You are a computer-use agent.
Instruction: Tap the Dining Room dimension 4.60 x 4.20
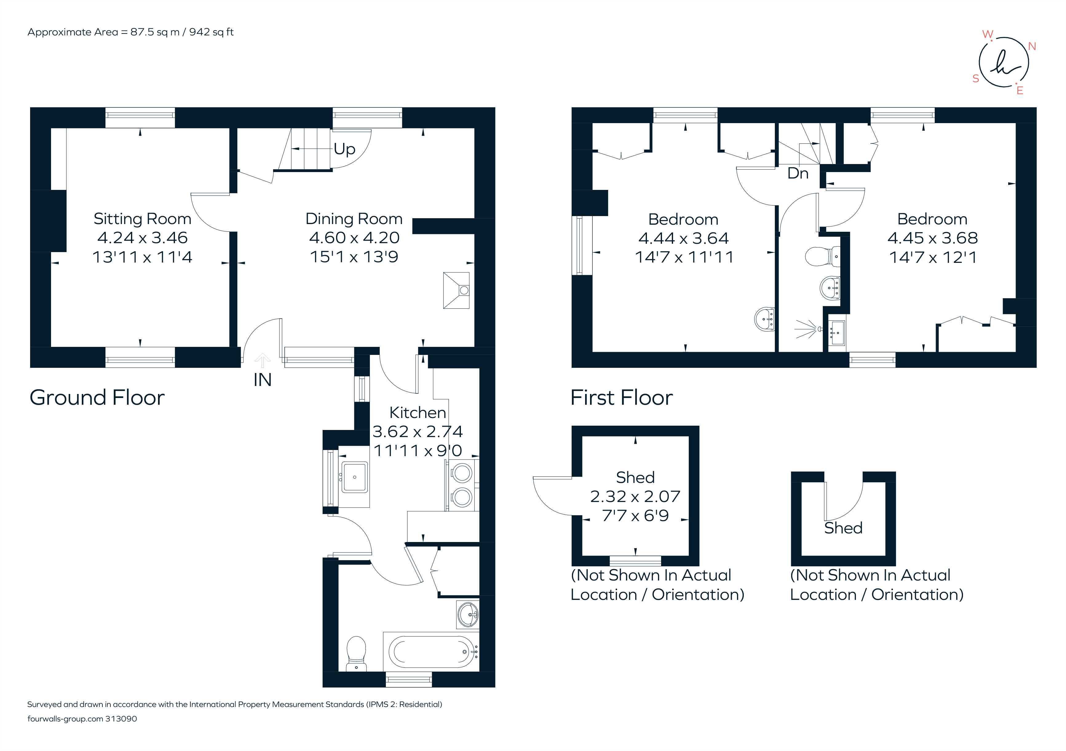[x=354, y=238]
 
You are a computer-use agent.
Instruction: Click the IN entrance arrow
[x=262, y=361]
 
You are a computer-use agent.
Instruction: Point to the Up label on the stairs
[x=344, y=149]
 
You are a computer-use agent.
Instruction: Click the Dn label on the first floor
[x=798, y=173]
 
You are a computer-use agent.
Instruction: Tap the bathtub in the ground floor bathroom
[x=430, y=652]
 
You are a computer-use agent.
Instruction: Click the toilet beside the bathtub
[x=356, y=653]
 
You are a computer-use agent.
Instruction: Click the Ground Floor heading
[x=97, y=398]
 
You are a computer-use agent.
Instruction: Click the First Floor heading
[x=621, y=398]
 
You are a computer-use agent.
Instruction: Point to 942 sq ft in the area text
[x=211, y=32]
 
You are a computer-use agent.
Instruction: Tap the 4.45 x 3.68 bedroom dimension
[x=932, y=238]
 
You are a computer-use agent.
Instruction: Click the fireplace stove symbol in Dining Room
[x=456, y=291]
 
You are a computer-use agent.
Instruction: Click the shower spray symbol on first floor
[x=806, y=329]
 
